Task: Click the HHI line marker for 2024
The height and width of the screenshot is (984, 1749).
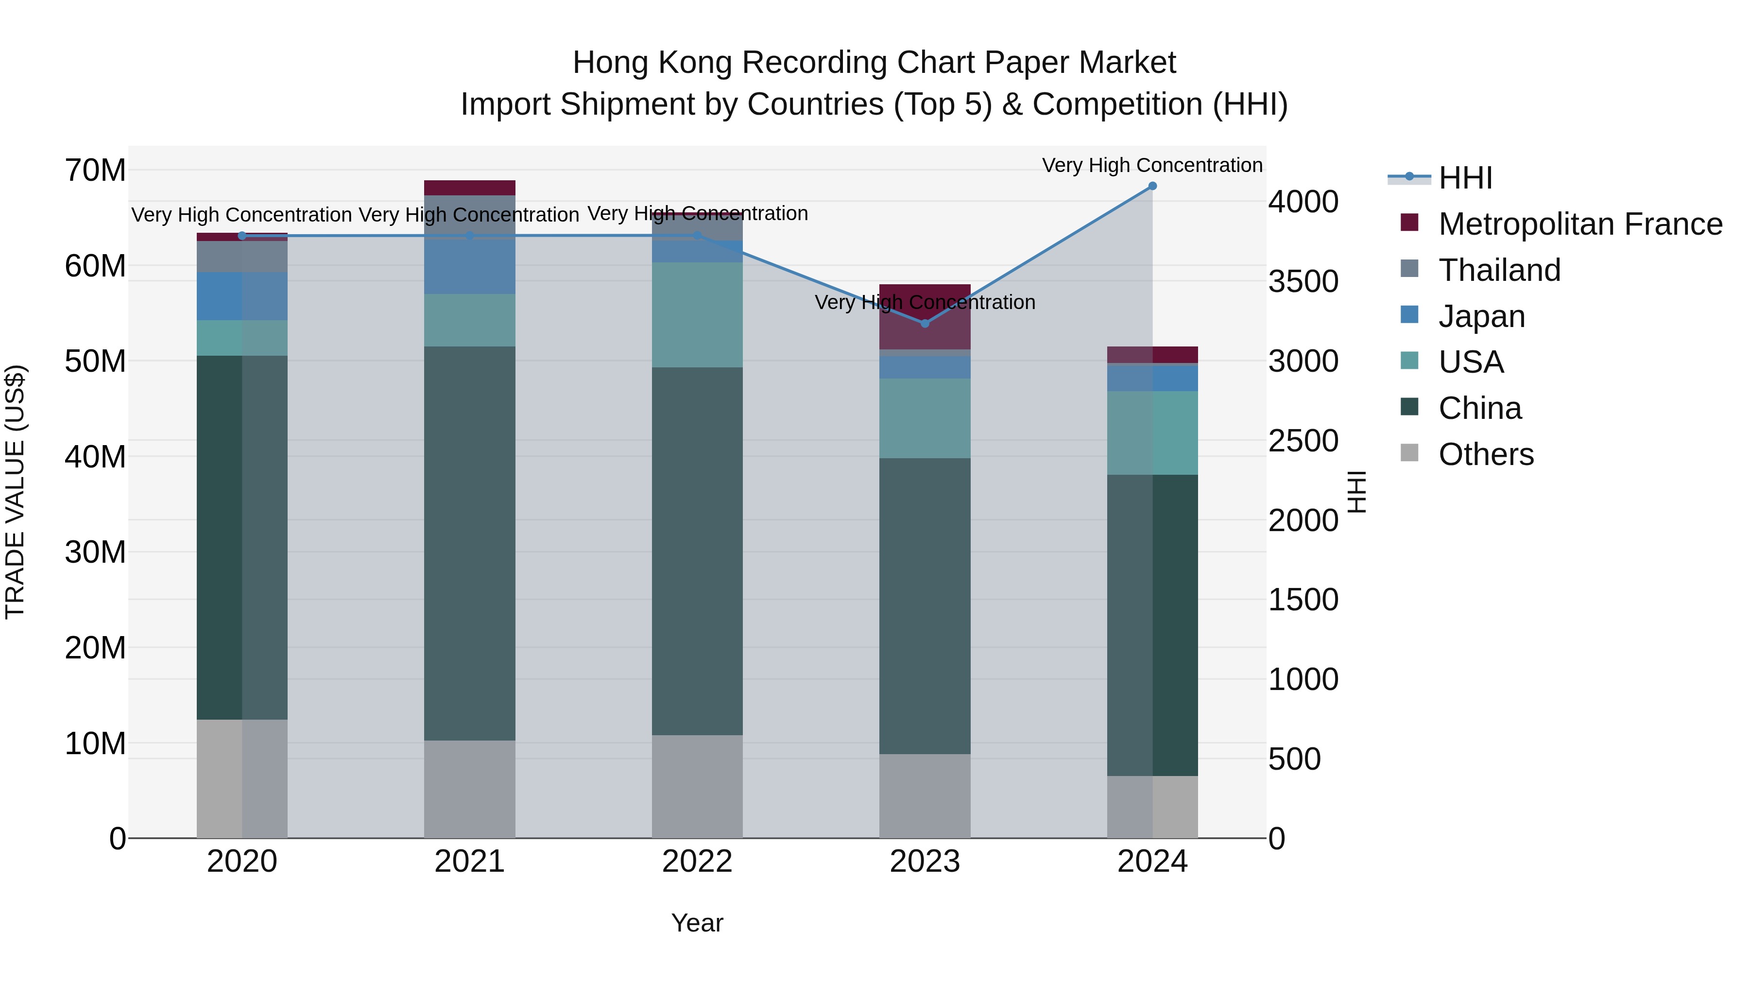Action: click(x=1152, y=186)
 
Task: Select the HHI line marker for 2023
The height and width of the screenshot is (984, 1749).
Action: click(x=925, y=323)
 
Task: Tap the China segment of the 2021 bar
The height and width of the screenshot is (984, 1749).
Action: click(x=469, y=543)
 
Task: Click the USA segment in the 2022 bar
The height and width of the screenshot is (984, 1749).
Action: click(x=697, y=315)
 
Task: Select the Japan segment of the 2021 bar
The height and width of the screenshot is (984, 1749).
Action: click(x=469, y=258)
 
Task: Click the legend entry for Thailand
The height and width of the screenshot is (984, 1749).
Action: click(x=1499, y=270)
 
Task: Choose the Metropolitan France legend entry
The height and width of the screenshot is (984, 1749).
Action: click(x=1579, y=224)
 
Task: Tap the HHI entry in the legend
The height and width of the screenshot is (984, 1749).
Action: click(x=1465, y=178)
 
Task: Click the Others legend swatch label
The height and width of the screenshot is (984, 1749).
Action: click(x=1486, y=454)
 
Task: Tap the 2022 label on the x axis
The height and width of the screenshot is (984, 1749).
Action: click(x=697, y=862)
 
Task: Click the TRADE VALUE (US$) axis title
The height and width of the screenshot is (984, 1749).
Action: click(x=15, y=492)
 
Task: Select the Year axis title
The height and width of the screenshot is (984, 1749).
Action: click(x=697, y=923)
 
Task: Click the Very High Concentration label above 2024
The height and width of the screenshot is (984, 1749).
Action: click(x=1152, y=165)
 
